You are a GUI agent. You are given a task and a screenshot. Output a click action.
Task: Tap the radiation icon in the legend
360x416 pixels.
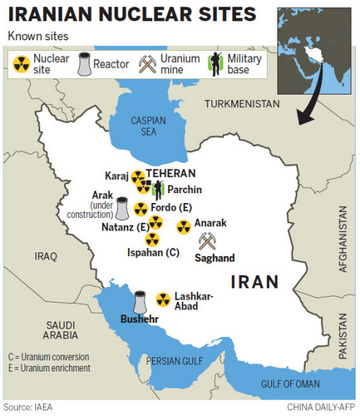pos(20,63)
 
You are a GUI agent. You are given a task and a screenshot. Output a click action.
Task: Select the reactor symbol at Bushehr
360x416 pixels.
pos(140,300)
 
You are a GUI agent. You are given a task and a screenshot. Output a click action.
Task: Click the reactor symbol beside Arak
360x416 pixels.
pos(122,207)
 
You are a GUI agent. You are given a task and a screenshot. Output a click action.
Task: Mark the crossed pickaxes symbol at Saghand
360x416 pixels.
pos(207,241)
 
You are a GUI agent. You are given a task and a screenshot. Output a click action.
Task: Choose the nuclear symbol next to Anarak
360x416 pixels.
pos(183,225)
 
